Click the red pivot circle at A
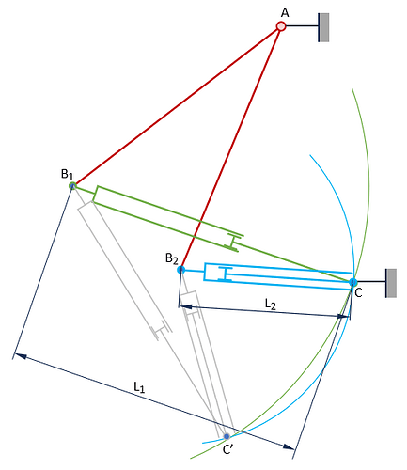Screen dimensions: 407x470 click(281, 26)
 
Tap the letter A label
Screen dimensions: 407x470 click(285, 13)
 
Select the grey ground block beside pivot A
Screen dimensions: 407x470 click(324, 27)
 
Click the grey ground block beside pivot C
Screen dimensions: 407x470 click(391, 283)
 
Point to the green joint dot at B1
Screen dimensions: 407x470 click(72, 186)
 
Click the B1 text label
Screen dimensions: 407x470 click(68, 174)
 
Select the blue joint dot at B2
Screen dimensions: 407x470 click(181, 270)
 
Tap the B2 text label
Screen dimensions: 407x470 click(172, 258)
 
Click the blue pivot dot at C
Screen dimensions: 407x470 click(353, 282)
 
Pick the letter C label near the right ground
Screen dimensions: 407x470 click(358, 293)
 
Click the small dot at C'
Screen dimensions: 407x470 click(227, 436)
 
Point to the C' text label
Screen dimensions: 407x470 click(227, 449)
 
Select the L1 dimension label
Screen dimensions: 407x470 click(139, 387)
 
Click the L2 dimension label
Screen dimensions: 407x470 click(271, 304)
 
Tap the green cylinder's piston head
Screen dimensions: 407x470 click(233, 243)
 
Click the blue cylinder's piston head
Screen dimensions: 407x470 click(225, 274)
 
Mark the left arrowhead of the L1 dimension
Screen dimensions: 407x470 click(21, 356)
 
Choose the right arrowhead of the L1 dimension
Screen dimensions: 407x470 click(289, 447)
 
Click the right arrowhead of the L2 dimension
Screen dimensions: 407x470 click(343, 317)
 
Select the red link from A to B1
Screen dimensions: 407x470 click(177, 106)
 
